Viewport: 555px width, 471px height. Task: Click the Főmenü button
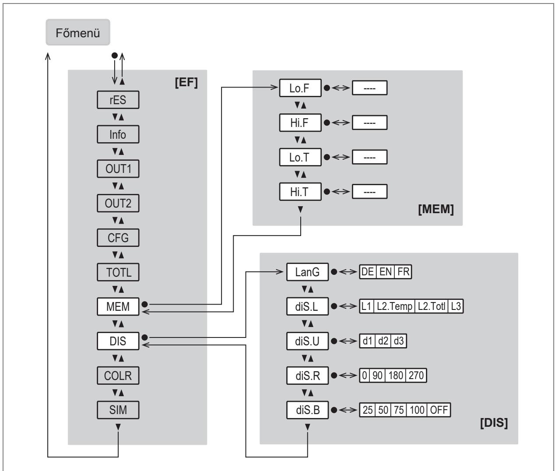pos(77,32)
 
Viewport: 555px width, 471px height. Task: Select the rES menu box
pos(118,100)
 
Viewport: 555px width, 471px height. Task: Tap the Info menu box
pos(118,134)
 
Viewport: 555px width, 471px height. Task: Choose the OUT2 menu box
pos(118,203)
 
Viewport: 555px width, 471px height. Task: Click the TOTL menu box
pos(118,272)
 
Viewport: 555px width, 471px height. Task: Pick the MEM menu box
pos(118,307)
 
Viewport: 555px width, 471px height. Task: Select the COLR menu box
pos(118,376)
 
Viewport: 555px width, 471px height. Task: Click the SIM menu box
pos(118,410)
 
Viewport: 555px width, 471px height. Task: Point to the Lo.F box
pos(300,88)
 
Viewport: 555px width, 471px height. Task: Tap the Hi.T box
pos(300,192)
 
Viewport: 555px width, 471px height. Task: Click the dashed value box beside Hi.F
pos(369,123)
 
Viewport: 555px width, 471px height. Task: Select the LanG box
pos(307,272)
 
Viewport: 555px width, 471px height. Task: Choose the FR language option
pos(403,272)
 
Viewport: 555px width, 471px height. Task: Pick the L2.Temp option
pos(394,306)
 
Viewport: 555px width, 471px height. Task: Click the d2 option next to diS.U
pos(383,341)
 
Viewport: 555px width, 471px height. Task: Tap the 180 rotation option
pos(396,376)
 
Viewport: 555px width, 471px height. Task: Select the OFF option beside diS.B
pos(439,410)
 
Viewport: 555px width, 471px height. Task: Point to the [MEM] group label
pos(436,209)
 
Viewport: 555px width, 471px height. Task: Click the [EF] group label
pos(186,82)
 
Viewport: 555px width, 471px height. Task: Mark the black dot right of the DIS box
pos(144,337)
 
